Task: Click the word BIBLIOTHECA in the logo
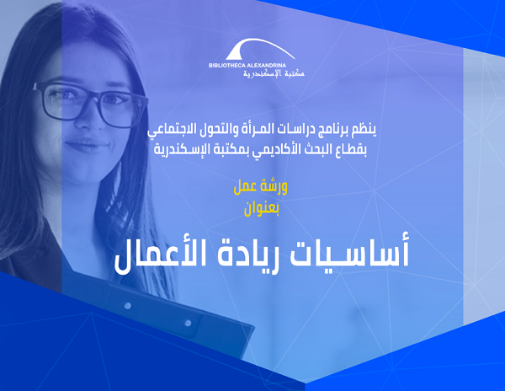(x=227, y=66)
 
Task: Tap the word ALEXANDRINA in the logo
(x=266, y=66)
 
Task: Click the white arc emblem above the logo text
(x=259, y=49)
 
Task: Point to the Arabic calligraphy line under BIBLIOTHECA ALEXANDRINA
(x=274, y=73)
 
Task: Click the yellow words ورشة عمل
(x=261, y=187)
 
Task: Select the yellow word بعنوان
(x=261, y=209)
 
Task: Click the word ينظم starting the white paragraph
(x=365, y=129)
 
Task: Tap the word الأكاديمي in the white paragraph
(x=279, y=150)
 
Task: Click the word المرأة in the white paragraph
(x=264, y=129)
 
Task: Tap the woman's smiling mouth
(x=87, y=146)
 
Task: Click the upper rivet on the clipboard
(x=128, y=305)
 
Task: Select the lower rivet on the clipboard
(x=188, y=323)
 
